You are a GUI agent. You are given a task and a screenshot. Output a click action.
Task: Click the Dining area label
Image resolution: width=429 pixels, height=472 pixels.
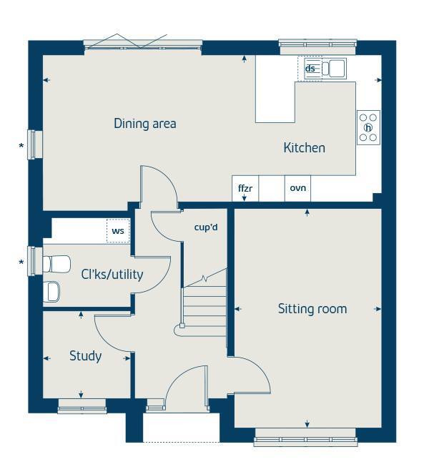click(x=145, y=124)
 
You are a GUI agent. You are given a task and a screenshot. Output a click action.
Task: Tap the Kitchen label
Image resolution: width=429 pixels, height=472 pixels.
click(x=305, y=148)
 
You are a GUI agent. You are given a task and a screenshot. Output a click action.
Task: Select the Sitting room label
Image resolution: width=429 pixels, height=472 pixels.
click(x=312, y=309)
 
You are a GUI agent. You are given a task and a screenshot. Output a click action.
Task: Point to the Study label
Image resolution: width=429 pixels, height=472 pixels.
click(x=86, y=356)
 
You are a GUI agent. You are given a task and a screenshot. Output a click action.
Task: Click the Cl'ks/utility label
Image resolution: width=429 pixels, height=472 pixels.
click(x=112, y=275)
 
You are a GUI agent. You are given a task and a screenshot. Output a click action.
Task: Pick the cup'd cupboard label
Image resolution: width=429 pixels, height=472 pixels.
click(x=206, y=227)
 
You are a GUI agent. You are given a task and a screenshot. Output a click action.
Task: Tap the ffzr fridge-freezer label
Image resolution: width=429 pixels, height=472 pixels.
click(x=245, y=188)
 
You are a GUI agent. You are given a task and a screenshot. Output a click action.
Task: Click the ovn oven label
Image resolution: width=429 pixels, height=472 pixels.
click(x=297, y=188)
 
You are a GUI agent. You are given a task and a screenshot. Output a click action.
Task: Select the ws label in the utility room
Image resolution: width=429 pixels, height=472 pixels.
click(x=118, y=231)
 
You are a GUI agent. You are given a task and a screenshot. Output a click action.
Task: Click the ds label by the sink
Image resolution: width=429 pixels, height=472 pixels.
click(x=310, y=69)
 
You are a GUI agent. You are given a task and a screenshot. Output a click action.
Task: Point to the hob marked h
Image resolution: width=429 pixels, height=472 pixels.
click(x=368, y=127)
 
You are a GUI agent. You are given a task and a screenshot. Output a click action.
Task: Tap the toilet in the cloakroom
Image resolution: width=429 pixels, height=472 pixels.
click(x=56, y=264)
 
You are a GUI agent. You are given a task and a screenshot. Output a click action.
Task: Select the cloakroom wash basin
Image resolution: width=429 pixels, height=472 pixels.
click(x=51, y=291)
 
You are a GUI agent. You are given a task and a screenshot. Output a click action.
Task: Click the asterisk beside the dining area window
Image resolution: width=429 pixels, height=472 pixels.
click(x=21, y=147)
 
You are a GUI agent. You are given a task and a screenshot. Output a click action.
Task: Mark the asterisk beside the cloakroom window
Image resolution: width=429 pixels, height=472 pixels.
click(x=21, y=262)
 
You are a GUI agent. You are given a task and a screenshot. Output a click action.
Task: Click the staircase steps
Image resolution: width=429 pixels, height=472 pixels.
click(x=204, y=306)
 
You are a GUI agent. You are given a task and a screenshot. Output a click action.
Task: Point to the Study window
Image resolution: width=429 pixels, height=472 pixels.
click(x=82, y=406)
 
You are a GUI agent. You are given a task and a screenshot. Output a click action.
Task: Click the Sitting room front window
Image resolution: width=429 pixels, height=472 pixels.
click(x=305, y=438)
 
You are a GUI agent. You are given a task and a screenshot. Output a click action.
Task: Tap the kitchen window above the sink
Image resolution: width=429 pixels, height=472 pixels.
click(x=317, y=47)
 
